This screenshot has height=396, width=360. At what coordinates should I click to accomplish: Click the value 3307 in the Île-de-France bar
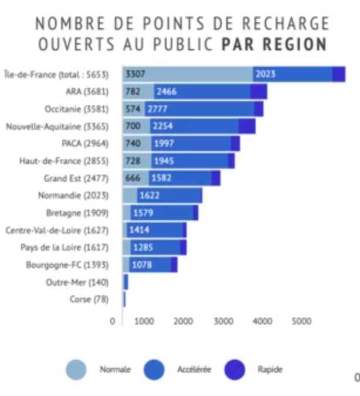tap(135, 74)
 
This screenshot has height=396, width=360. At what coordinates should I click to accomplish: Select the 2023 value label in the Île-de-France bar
tap(266, 74)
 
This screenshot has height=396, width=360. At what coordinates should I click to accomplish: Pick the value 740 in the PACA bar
tap(133, 144)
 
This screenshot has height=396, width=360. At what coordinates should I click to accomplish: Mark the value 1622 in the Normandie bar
tap(149, 196)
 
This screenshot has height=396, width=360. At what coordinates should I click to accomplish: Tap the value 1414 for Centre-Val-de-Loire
tap(139, 230)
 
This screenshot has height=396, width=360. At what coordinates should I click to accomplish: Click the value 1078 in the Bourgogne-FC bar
tap(142, 265)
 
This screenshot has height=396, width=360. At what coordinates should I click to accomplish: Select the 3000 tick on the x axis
tap(223, 321)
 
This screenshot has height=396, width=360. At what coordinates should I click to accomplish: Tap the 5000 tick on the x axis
tap(301, 321)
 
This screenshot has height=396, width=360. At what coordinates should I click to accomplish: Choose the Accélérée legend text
tap(194, 370)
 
